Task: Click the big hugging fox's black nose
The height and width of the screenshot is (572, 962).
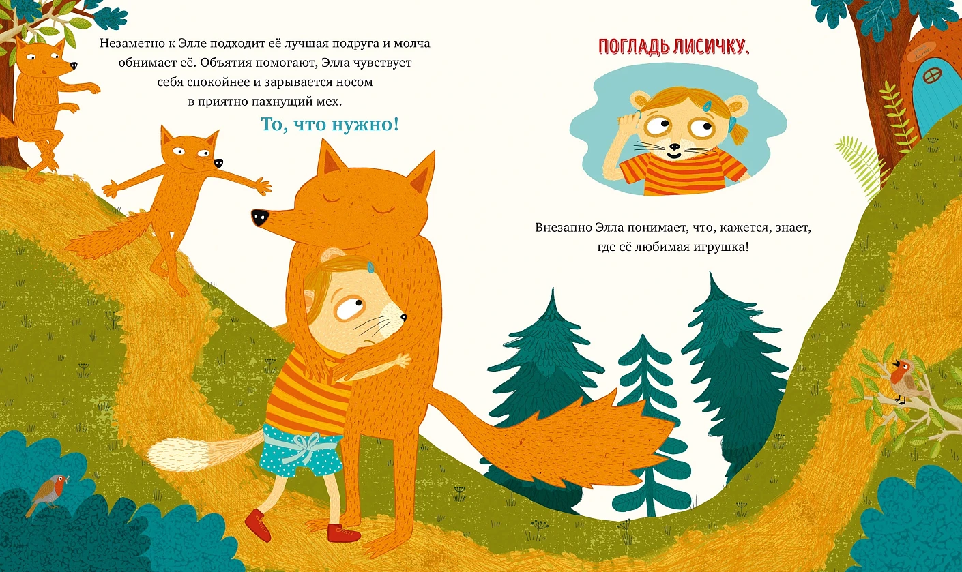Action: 260,217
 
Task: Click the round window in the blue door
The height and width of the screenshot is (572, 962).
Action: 932,76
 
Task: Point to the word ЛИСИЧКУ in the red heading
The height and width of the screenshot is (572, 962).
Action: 711,47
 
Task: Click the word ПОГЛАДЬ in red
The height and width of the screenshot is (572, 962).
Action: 634,47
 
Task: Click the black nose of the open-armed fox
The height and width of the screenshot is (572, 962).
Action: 218,164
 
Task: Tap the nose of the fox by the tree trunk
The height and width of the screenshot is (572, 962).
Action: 74,65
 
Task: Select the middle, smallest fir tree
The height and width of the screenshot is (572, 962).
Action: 647,425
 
